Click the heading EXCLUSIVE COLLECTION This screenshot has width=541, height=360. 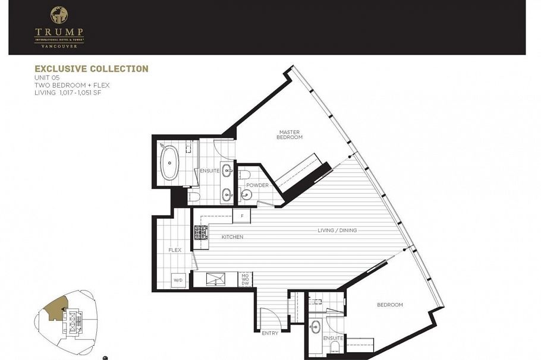91,69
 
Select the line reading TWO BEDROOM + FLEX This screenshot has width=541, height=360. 72,85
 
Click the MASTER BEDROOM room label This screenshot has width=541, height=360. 290,134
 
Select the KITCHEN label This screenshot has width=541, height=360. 232,237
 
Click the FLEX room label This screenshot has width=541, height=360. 175,250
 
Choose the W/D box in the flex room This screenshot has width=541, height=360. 178,279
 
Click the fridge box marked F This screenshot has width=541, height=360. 242,215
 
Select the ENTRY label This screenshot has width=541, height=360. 270,333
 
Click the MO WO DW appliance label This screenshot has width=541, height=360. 245,279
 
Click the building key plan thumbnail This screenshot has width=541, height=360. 67,321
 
